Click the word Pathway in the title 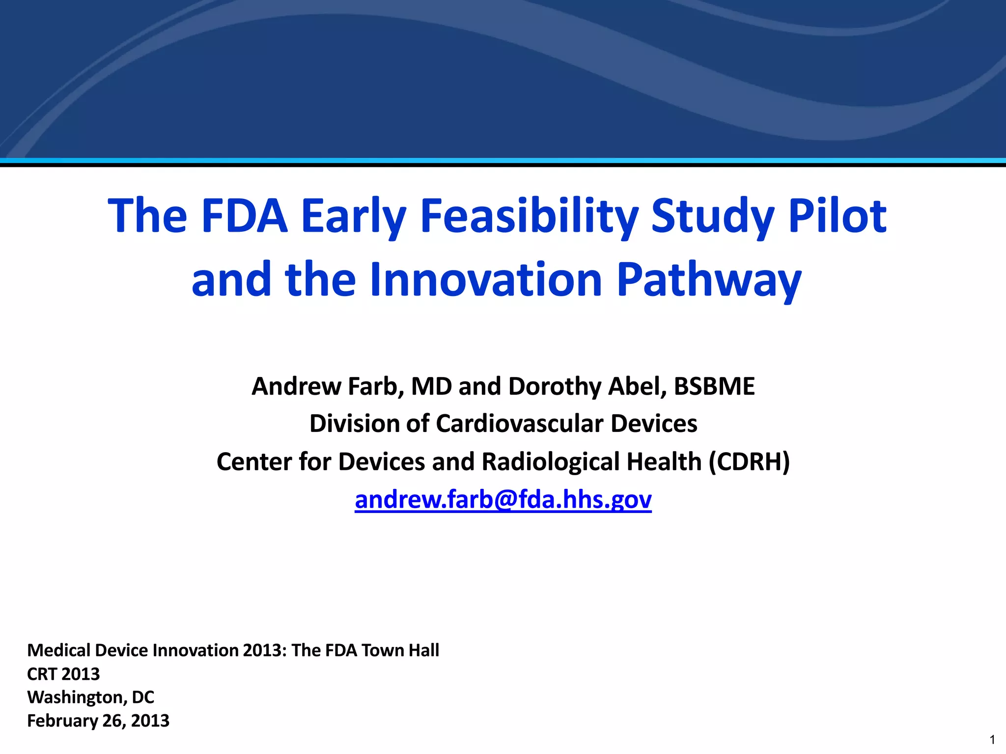click(708, 281)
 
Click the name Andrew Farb click(327, 386)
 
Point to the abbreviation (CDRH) click(749, 462)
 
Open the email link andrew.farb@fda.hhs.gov click(503, 500)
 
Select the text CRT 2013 click(63, 674)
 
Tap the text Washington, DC click(90, 697)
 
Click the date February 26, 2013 click(98, 721)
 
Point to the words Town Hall click(400, 650)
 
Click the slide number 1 click(992, 740)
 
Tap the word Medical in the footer click(58, 650)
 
